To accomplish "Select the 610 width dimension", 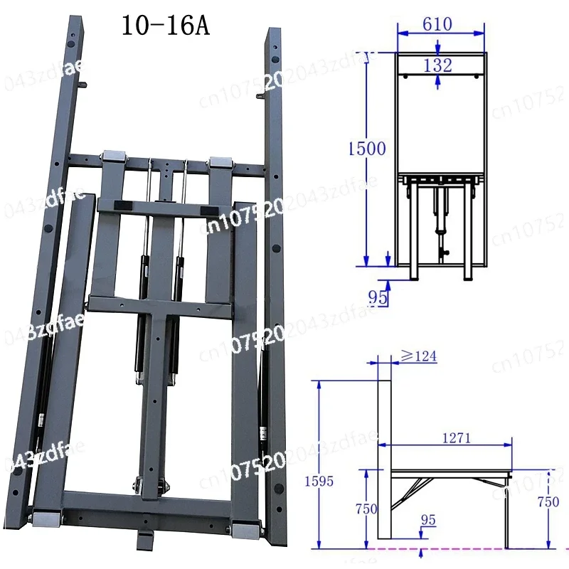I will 437,23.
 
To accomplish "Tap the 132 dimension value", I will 437,65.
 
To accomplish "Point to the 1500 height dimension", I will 367,149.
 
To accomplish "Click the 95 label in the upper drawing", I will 378,297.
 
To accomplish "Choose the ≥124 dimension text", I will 416,354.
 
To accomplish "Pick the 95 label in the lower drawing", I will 427,520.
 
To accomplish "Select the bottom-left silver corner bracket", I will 46,519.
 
